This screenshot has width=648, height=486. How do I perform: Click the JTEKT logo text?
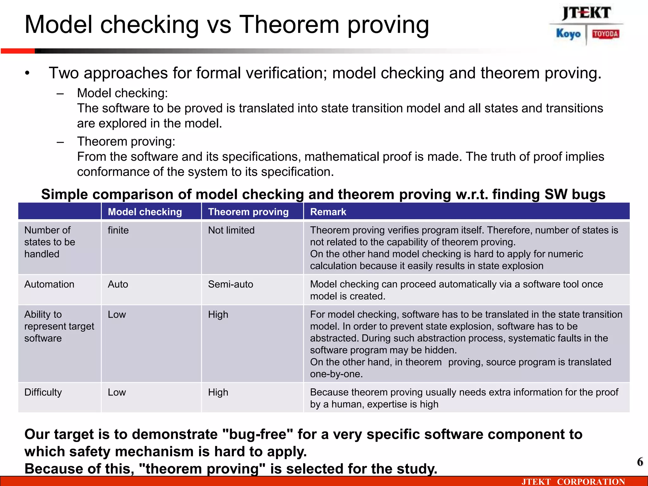(586, 13)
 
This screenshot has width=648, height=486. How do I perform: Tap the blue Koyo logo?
(568, 34)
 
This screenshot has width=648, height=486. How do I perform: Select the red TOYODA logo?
(605, 34)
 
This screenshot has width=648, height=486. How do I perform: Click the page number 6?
(640, 462)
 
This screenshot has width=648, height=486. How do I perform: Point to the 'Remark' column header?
(328, 212)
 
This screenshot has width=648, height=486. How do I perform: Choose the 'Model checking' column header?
(145, 212)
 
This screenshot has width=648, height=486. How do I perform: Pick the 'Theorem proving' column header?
(248, 212)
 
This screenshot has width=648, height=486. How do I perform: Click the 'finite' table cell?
(118, 230)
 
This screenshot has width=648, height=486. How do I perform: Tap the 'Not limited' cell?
(231, 230)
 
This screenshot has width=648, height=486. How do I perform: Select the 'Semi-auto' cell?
(230, 284)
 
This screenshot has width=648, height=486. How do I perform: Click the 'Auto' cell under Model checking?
(118, 284)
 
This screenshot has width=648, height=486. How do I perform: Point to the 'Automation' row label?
(49, 284)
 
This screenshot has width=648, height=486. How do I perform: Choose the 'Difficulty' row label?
(43, 392)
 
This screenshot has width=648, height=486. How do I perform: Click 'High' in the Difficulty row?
(218, 392)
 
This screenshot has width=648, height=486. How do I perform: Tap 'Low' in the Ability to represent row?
(117, 315)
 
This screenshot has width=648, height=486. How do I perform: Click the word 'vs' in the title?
(219, 25)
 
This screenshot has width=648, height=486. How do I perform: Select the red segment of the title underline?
(18, 51)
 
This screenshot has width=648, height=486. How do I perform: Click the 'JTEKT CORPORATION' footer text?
(573, 482)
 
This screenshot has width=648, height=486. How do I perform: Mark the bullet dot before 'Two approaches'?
(28, 73)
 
